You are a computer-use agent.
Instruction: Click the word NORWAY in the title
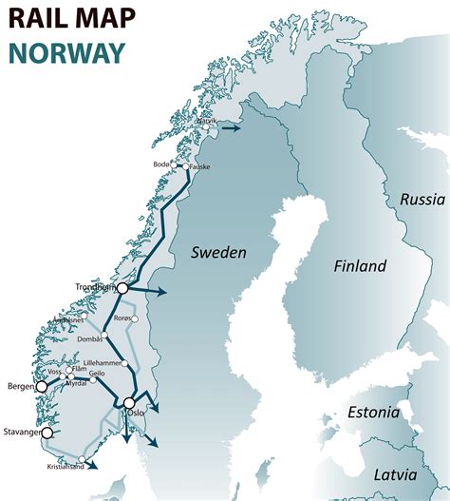[x=64, y=52]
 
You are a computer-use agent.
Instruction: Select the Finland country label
[x=360, y=266]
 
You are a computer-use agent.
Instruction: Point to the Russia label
[x=422, y=200]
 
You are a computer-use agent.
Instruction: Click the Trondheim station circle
[x=122, y=287]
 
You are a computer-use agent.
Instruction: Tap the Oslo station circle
[x=129, y=403]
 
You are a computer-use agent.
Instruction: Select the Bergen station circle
[x=41, y=387]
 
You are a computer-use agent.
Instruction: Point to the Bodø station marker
[x=174, y=164]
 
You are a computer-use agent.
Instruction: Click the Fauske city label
[x=199, y=167]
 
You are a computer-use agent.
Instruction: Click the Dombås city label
[x=91, y=339]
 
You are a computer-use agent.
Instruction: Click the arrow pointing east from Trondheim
[x=161, y=290]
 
